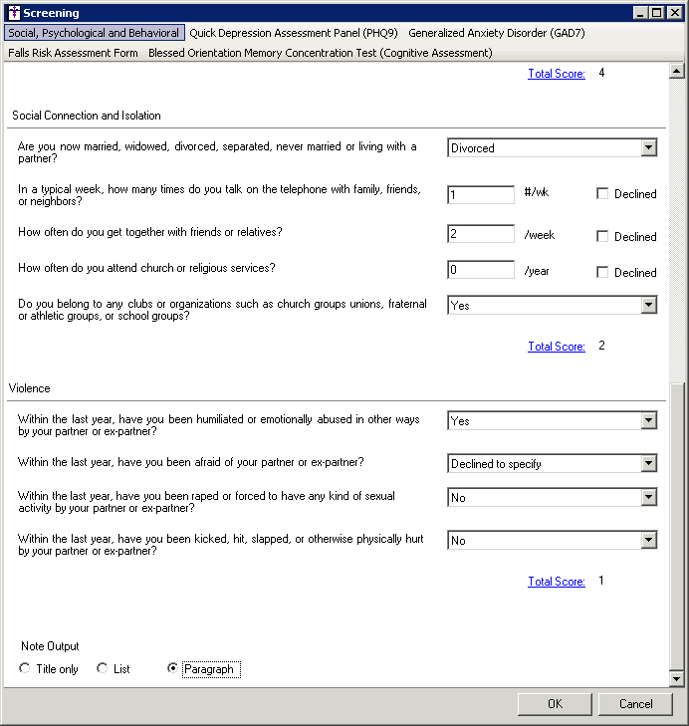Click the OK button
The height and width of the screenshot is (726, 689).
(x=555, y=704)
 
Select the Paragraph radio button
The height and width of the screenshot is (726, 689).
(x=173, y=669)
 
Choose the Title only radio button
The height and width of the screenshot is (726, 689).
(x=25, y=669)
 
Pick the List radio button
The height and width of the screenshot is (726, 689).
(x=103, y=669)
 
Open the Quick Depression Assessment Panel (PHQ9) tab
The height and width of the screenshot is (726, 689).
(x=294, y=33)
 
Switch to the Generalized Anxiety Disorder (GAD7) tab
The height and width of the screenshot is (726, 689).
(x=496, y=33)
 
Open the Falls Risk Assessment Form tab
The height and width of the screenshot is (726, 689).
(x=73, y=53)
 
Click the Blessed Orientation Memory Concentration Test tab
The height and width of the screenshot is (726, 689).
(x=320, y=53)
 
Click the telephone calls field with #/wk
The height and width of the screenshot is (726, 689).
(x=481, y=194)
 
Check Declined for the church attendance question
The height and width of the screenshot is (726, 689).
(x=602, y=272)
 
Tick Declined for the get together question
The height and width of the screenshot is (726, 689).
(x=602, y=236)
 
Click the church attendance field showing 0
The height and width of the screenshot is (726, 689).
(x=481, y=270)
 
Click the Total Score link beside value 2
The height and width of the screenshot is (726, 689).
(x=557, y=347)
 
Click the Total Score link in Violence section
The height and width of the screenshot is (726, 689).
(x=557, y=582)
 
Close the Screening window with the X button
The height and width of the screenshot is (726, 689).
(x=672, y=13)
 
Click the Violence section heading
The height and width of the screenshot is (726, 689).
(x=30, y=388)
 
